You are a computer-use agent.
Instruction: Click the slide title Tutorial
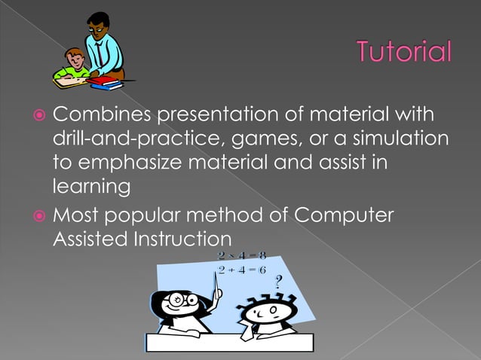click(404, 53)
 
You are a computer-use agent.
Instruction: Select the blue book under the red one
click(106, 86)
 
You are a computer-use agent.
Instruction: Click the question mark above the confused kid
click(278, 283)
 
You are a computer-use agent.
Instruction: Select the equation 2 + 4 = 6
click(241, 270)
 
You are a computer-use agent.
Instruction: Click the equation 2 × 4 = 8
click(241, 256)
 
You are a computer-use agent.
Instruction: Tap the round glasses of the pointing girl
click(184, 300)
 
